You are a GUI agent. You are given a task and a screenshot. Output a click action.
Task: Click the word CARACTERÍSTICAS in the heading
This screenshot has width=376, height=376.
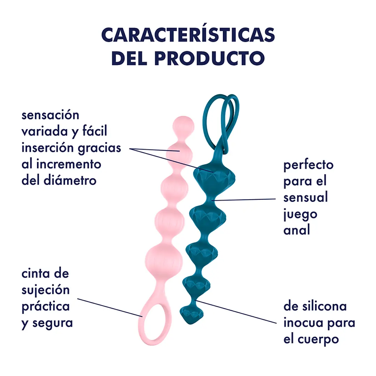[x=188, y=35]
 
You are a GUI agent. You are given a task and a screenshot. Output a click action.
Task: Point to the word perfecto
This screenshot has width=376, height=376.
[x=308, y=165]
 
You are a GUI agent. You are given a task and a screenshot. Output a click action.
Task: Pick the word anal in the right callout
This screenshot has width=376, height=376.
[x=296, y=230]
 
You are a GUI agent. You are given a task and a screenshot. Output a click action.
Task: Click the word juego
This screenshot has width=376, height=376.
[x=300, y=213]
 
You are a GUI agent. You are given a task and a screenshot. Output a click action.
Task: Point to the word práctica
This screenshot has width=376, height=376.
[x=46, y=306]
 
